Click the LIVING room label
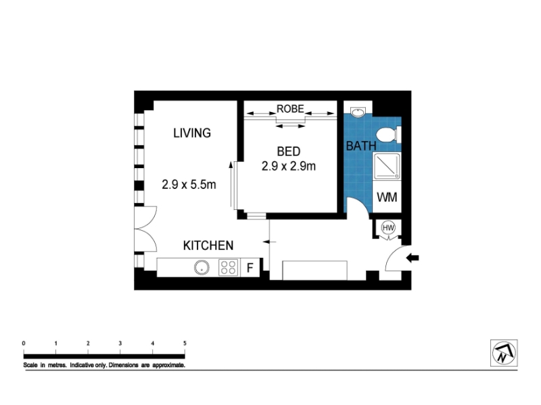(192, 133)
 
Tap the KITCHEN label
(208, 246)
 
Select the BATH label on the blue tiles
(361, 146)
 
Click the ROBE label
(290, 109)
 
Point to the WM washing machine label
(387, 197)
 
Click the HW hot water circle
(388, 227)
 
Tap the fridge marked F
(250, 267)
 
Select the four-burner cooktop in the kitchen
(229, 267)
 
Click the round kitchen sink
(202, 267)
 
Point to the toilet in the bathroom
(387, 134)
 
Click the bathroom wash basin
(358, 112)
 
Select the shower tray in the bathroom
(387, 166)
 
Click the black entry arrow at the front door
(413, 258)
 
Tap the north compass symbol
(504, 353)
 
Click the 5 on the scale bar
(185, 344)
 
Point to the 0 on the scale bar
(24, 344)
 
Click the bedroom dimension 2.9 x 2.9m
(289, 166)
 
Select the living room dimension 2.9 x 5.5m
(189, 184)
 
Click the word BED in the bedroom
(289, 151)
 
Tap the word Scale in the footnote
(30, 365)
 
